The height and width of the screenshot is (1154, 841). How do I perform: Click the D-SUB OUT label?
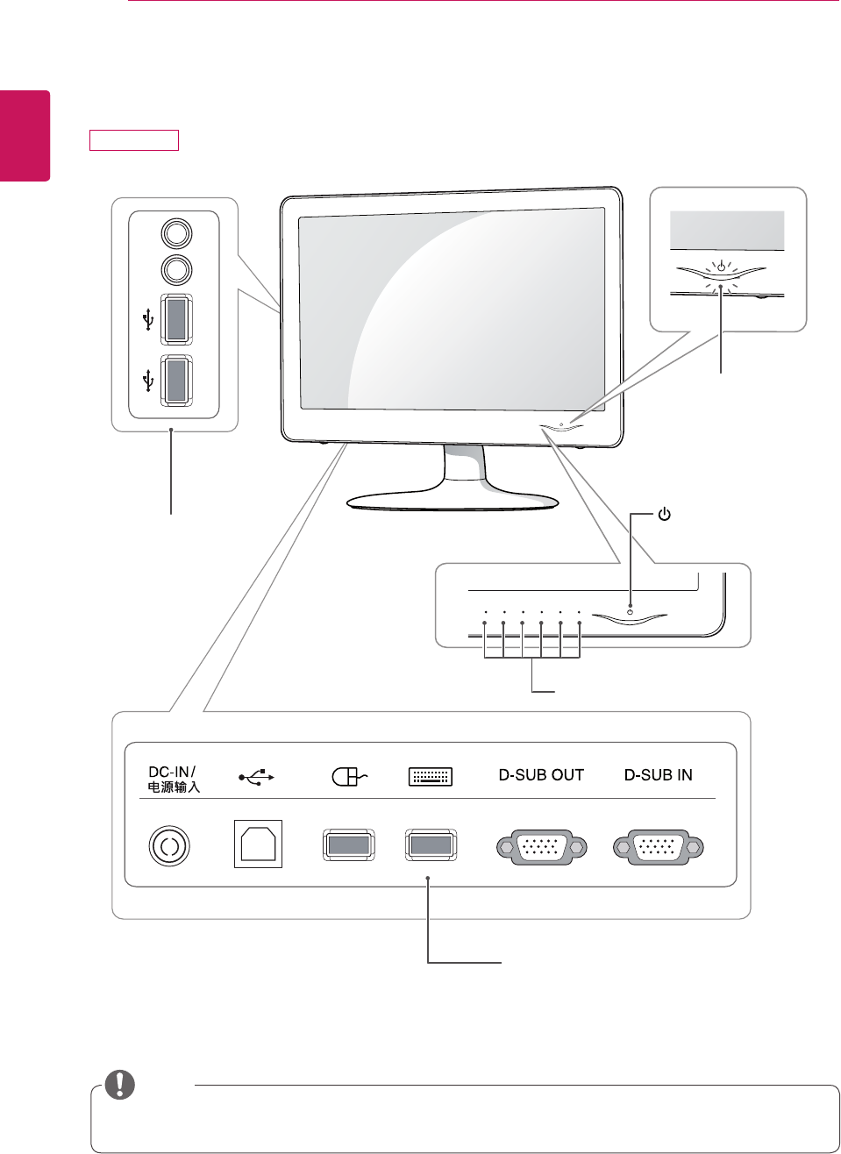[x=541, y=775]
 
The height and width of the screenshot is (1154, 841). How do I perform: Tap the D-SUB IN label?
[x=658, y=775]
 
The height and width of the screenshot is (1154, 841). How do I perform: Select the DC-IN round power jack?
[x=169, y=846]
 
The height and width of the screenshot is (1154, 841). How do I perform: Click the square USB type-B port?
[x=258, y=844]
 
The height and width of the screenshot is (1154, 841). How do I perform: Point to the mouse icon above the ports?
[x=348, y=776]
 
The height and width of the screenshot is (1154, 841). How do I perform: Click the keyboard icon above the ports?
[x=431, y=776]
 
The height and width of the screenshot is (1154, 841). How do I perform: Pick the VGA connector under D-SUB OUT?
[x=542, y=847]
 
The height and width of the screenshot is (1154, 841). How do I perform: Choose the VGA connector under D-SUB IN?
[x=659, y=847]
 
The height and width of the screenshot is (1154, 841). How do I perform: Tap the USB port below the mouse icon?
[x=348, y=845]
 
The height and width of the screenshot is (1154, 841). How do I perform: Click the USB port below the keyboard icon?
[x=431, y=845]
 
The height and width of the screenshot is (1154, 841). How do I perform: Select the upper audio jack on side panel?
[x=177, y=233]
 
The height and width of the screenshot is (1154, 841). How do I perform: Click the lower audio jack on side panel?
[x=177, y=270]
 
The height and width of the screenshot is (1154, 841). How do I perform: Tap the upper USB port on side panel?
[x=176, y=320]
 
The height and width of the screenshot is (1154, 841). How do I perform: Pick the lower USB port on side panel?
[x=176, y=380]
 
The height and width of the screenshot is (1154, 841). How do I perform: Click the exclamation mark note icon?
[x=120, y=1085]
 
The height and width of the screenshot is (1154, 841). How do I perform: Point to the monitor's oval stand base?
[x=453, y=501]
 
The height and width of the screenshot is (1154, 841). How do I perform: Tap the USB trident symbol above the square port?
[x=257, y=777]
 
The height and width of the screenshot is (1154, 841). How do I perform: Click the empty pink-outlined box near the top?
[x=134, y=140]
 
